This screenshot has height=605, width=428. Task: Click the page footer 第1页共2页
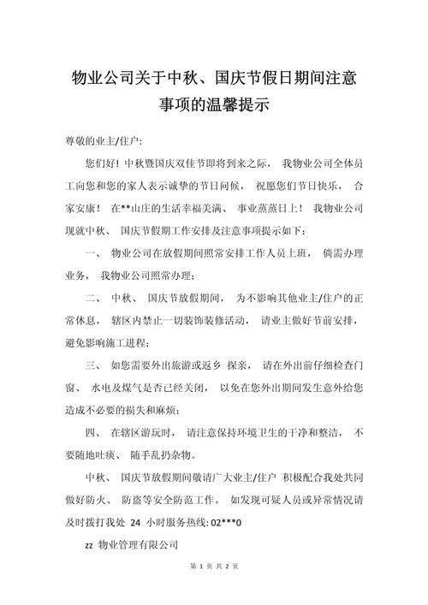coord(214,590)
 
